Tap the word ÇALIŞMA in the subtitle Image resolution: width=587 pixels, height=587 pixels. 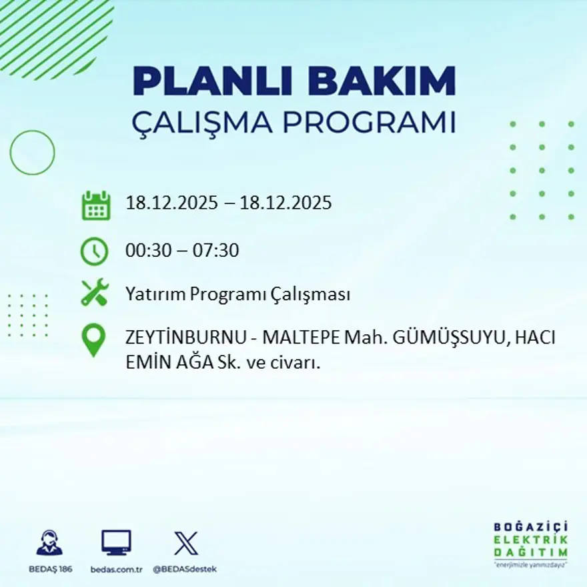pyautogui.click(x=202, y=123)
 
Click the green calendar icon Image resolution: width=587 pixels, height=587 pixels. pyautogui.click(x=95, y=205)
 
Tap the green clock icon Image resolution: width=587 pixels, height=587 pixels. pyautogui.click(x=94, y=251)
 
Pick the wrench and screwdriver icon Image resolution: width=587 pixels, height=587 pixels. pyautogui.click(x=94, y=293)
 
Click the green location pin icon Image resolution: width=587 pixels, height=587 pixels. pyautogui.click(x=93, y=340)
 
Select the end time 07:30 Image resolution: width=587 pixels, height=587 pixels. pyautogui.click(x=217, y=251)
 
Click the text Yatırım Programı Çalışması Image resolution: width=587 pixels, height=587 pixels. pyautogui.click(x=237, y=294)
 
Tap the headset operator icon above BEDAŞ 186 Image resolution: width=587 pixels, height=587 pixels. pyautogui.click(x=49, y=543)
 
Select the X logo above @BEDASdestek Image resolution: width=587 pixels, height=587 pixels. pyautogui.click(x=185, y=543)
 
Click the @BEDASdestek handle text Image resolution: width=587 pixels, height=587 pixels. pyautogui.click(x=185, y=569)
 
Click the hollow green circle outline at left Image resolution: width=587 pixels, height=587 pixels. pyautogui.click(x=32, y=153)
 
